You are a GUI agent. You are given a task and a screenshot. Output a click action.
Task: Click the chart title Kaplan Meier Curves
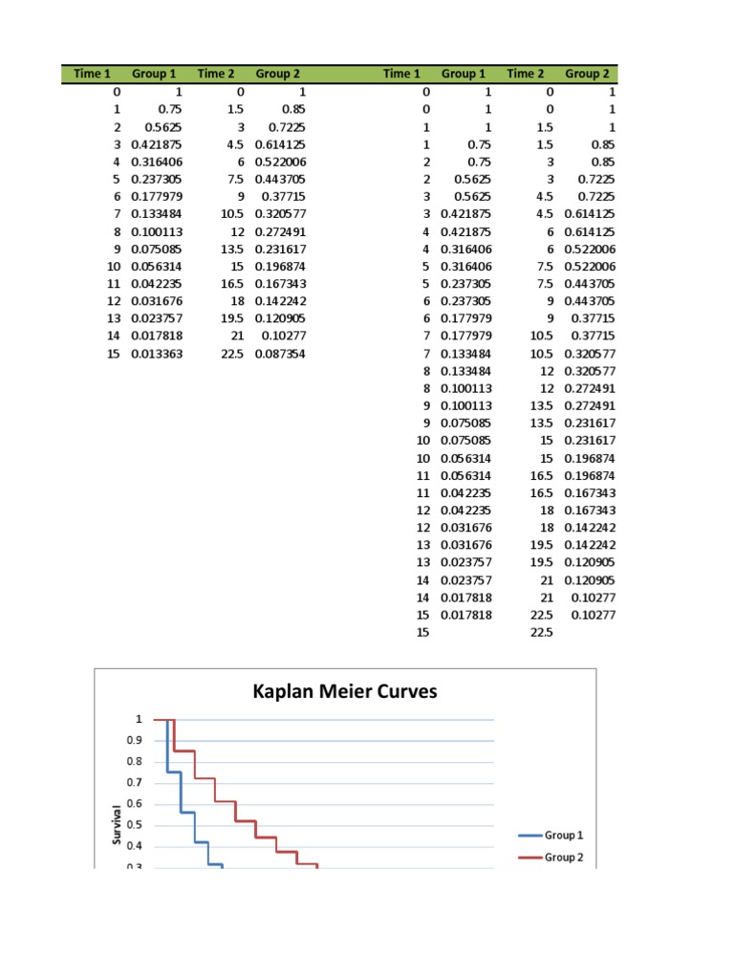344,690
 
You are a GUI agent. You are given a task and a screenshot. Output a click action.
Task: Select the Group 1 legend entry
563,835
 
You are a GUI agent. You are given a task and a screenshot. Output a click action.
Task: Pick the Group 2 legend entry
563,858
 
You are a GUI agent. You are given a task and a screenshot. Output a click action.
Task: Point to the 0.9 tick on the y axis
135,740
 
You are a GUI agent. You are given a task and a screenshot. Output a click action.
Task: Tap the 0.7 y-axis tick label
135,782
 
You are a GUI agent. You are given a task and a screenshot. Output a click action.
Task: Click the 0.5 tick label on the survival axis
135,824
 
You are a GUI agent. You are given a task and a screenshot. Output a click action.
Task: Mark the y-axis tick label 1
139,719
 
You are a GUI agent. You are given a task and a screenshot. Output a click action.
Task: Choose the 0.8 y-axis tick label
135,761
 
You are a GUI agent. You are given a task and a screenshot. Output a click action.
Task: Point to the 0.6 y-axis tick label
135,803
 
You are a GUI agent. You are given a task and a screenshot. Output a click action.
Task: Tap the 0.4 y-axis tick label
135,845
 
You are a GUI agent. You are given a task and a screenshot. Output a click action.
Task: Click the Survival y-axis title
117,823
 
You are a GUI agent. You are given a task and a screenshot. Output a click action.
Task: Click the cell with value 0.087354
281,354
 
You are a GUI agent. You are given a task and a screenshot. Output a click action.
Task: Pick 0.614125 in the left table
281,144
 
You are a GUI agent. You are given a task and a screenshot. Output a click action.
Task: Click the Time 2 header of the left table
216,74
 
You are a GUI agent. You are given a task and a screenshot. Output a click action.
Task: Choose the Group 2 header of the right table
587,74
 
